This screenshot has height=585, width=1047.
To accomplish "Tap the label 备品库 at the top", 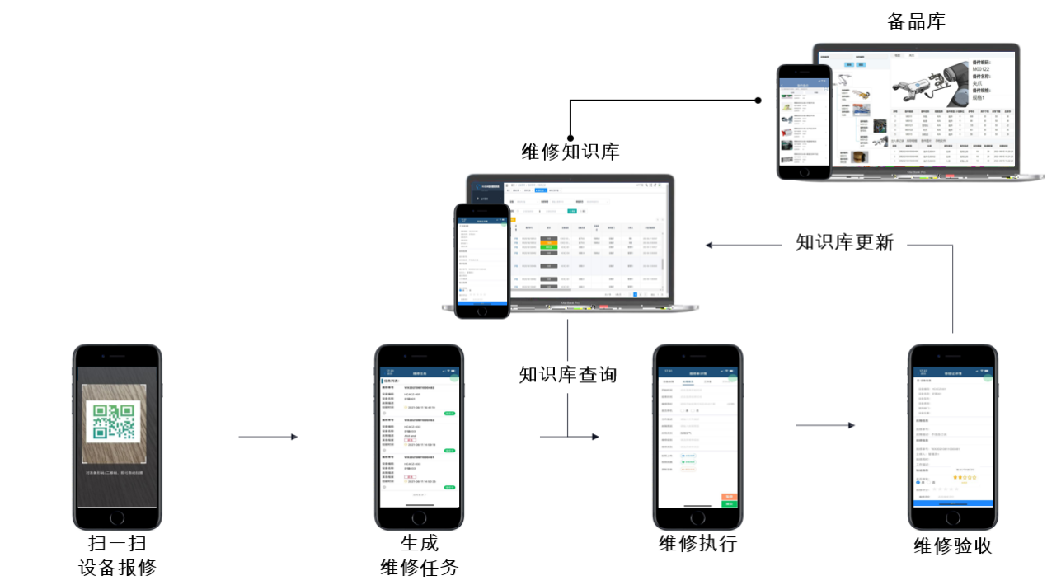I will pyautogui.click(x=916, y=22).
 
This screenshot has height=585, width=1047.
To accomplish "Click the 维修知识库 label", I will pyautogui.click(x=570, y=152).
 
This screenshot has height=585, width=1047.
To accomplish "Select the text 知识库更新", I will pyautogui.click(x=844, y=243).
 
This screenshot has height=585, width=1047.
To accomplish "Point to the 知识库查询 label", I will pyautogui.click(x=568, y=375).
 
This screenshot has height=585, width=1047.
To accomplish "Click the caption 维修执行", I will pyautogui.click(x=697, y=544).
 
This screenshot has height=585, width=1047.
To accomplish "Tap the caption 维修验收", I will pyautogui.click(x=952, y=545).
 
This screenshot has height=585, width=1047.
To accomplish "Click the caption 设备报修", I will pyautogui.click(x=117, y=567).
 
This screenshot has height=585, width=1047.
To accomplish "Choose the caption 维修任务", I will pyautogui.click(x=419, y=567).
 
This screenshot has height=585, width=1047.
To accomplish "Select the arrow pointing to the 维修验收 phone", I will pyautogui.click(x=824, y=425).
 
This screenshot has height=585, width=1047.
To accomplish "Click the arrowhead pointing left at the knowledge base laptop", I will pyautogui.click(x=710, y=244).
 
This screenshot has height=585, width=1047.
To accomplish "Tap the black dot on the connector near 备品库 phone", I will pyautogui.click(x=758, y=101).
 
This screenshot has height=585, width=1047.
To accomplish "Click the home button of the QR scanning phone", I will pyautogui.click(x=117, y=517).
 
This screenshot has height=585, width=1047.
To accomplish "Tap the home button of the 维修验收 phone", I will pyautogui.click(x=952, y=518).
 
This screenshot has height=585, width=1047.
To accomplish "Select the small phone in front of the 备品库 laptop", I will pyautogui.click(x=803, y=121).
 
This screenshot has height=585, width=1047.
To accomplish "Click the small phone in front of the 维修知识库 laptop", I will pyautogui.click(x=482, y=260).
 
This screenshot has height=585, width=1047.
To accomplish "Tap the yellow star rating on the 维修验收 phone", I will pyautogui.click(x=961, y=476).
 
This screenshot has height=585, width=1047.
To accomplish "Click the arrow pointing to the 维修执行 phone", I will pyautogui.click(x=585, y=437).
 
